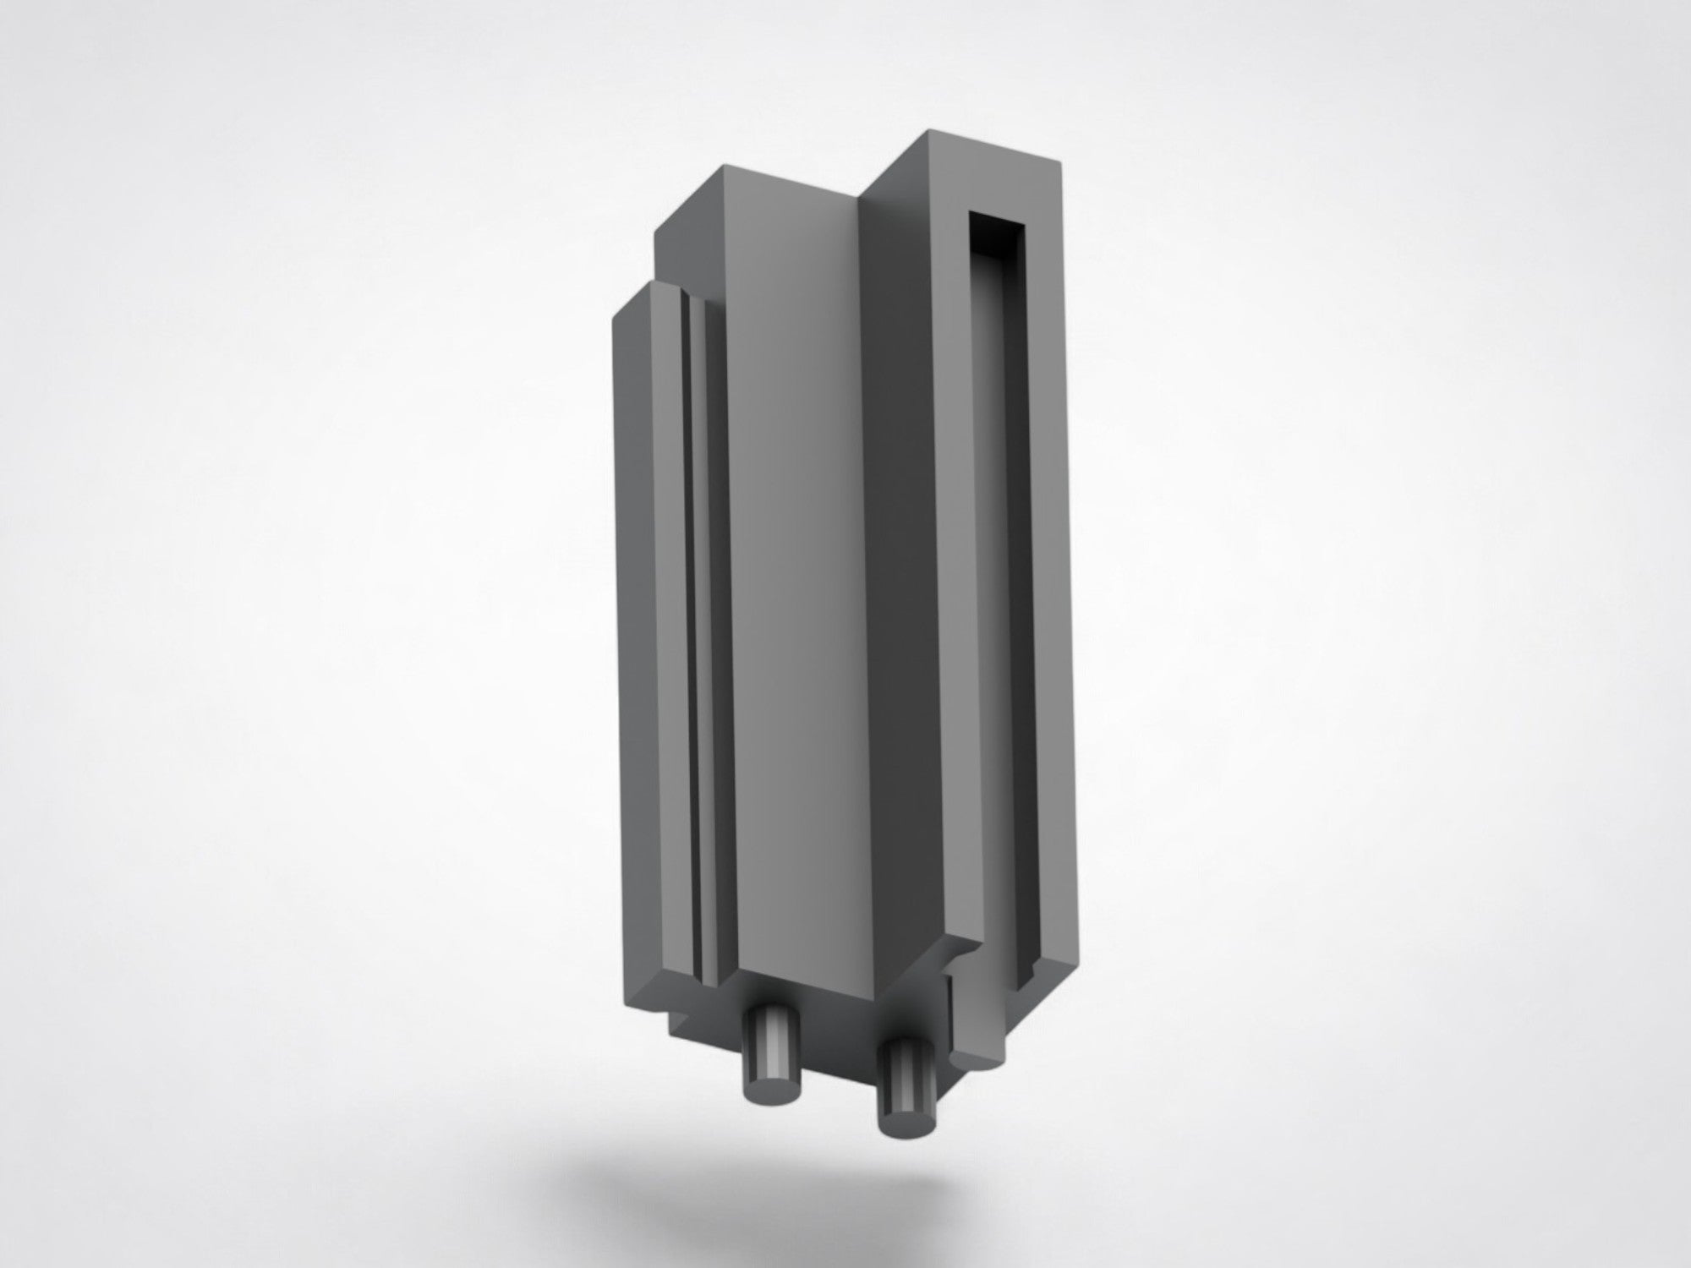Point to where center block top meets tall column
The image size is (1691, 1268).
(x=862, y=195)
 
